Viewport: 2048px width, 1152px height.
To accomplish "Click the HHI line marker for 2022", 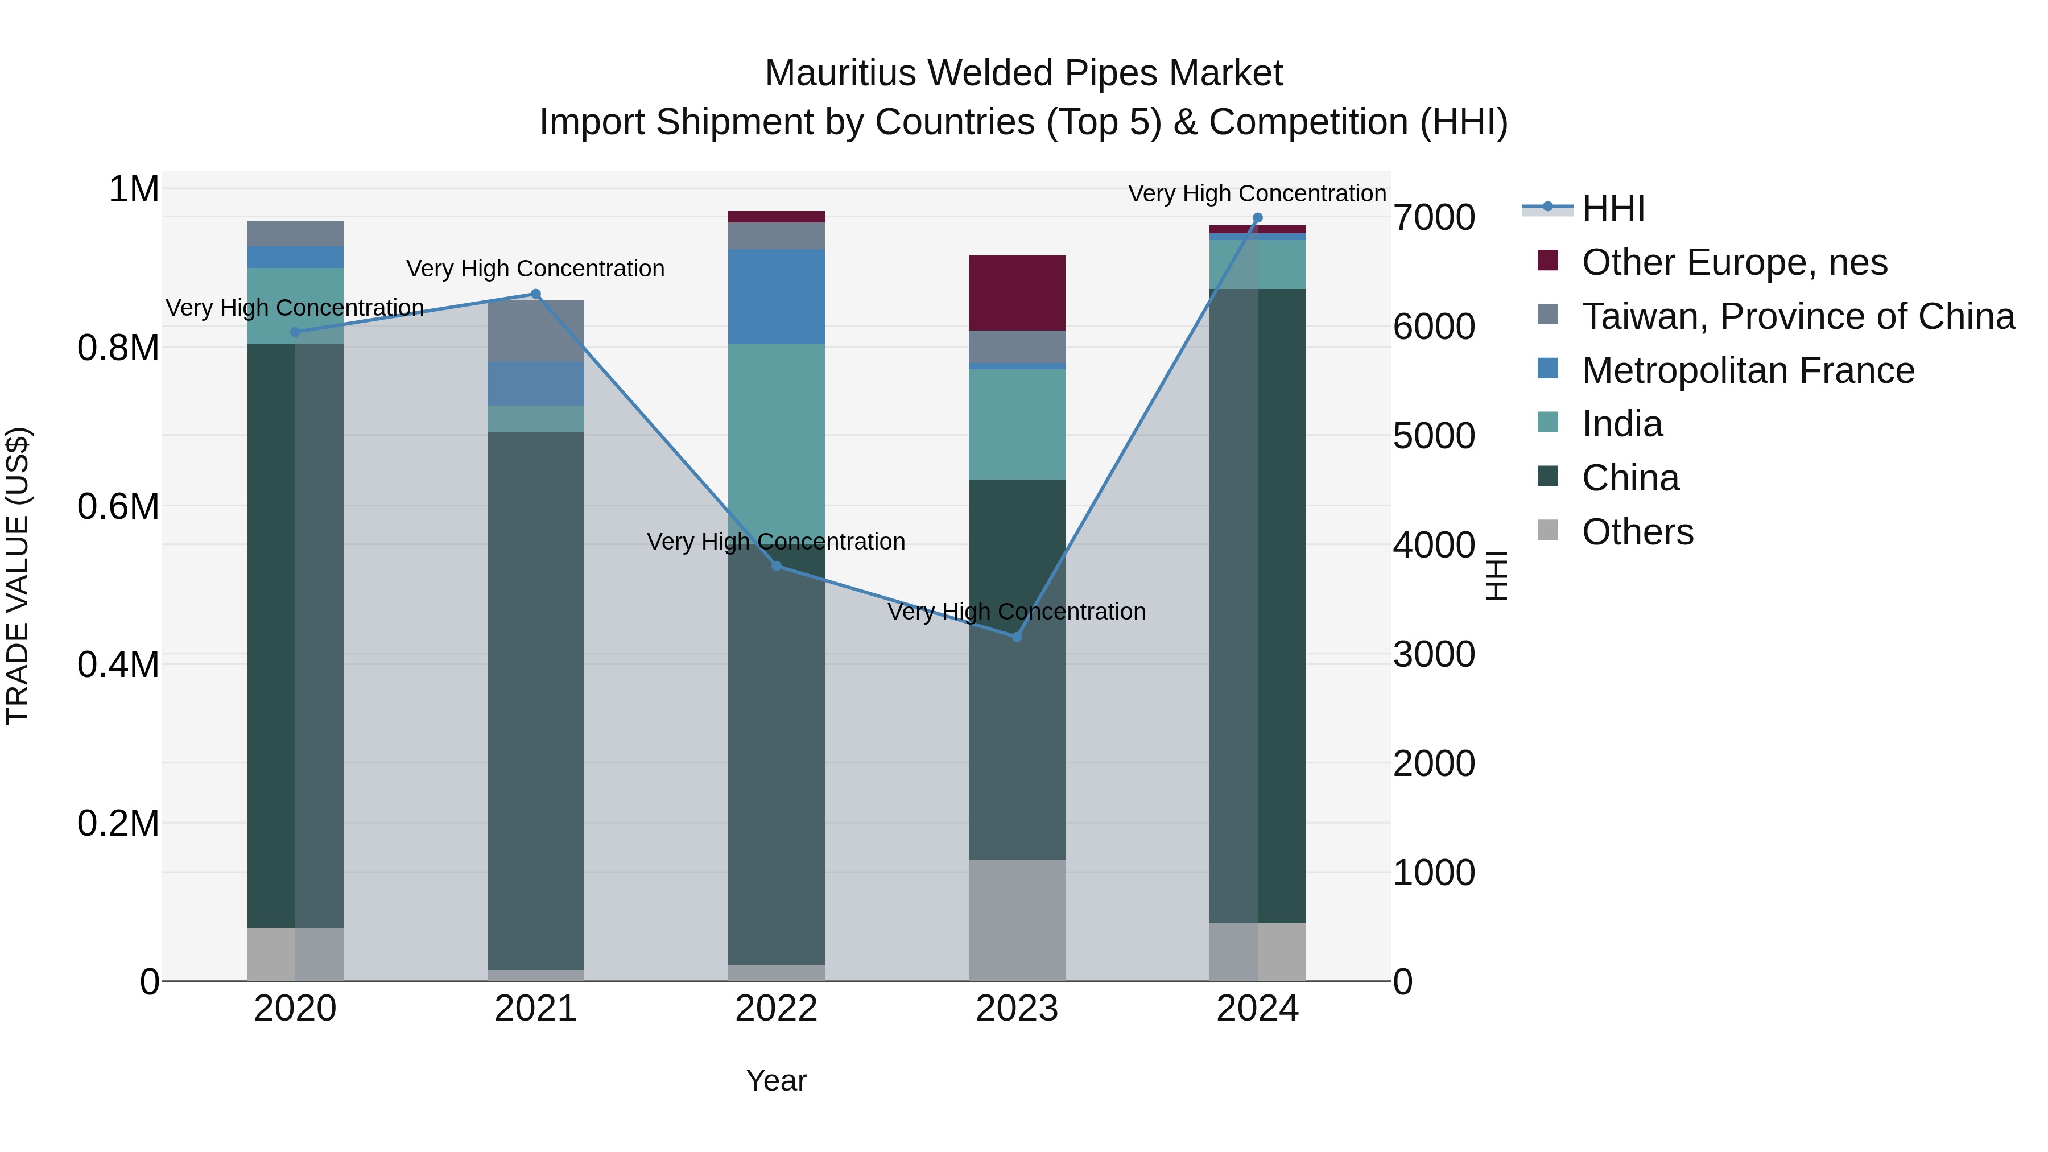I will pyautogui.click(x=777, y=566).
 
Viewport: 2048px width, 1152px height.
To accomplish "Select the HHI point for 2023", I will pyautogui.click(x=1017, y=637).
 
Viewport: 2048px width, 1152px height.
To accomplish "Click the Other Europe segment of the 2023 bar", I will pyautogui.click(x=1017, y=292).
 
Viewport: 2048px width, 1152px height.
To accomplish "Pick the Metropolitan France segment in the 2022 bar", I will pyautogui.click(x=777, y=296).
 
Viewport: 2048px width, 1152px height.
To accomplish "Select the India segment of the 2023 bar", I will pyautogui.click(x=1017, y=424).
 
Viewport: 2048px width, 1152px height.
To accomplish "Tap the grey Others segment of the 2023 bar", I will pyautogui.click(x=1017, y=920).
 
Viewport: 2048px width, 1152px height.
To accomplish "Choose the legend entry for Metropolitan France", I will pyautogui.click(x=1748, y=370).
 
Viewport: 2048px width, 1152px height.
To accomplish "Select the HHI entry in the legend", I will pyautogui.click(x=1612, y=208).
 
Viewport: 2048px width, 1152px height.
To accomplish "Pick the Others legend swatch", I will pyautogui.click(x=1548, y=530).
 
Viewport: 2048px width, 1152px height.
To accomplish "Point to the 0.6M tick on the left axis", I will pyautogui.click(x=118, y=506).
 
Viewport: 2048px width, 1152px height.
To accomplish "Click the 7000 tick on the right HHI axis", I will pyautogui.click(x=1434, y=218).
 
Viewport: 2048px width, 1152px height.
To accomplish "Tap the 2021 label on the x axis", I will pyautogui.click(x=536, y=1009).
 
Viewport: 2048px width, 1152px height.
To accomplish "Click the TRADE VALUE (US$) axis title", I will pyautogui.click(x=18, y=576).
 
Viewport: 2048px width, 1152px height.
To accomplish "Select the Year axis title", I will pyautogui.click(x=776, y=1080).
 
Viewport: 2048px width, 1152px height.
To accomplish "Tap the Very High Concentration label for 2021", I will pyautogui.click(x=536, y=269).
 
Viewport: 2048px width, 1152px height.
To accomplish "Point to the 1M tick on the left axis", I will pyautogui.click(x=134, y=190).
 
